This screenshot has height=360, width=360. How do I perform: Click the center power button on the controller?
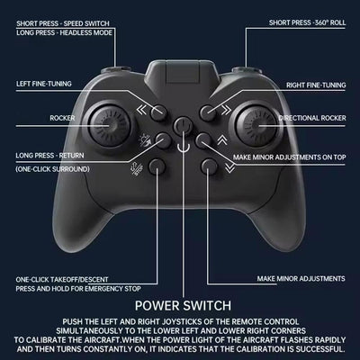(183, 124)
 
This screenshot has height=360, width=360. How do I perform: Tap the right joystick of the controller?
(256, 126)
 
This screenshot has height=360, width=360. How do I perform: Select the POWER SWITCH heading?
(183, 306)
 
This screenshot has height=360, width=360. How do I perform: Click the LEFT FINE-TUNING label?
(44, 84)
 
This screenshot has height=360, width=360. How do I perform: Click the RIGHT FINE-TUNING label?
(316, 85)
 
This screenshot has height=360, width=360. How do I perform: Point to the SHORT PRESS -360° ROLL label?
(307, 22)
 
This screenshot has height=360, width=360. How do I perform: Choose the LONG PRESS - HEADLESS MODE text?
(64, 32)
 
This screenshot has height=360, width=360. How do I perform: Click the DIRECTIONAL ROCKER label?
(312, 118)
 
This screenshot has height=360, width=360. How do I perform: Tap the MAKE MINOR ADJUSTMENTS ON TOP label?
(290, 157)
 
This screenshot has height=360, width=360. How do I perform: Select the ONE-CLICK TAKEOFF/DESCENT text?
(62, 280)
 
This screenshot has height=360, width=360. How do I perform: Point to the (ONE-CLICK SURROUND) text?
(52, 169)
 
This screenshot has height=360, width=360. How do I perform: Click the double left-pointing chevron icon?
(141, 110)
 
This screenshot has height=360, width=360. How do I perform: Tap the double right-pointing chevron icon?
(226, 110)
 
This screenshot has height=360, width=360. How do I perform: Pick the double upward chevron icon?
(222, 139)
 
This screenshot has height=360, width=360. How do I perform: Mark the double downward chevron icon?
(229, 168)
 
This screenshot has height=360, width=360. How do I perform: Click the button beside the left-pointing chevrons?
(158, 112)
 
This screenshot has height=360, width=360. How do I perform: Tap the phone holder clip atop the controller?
(183, 72)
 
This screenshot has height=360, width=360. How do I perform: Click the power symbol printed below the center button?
(183, 146)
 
